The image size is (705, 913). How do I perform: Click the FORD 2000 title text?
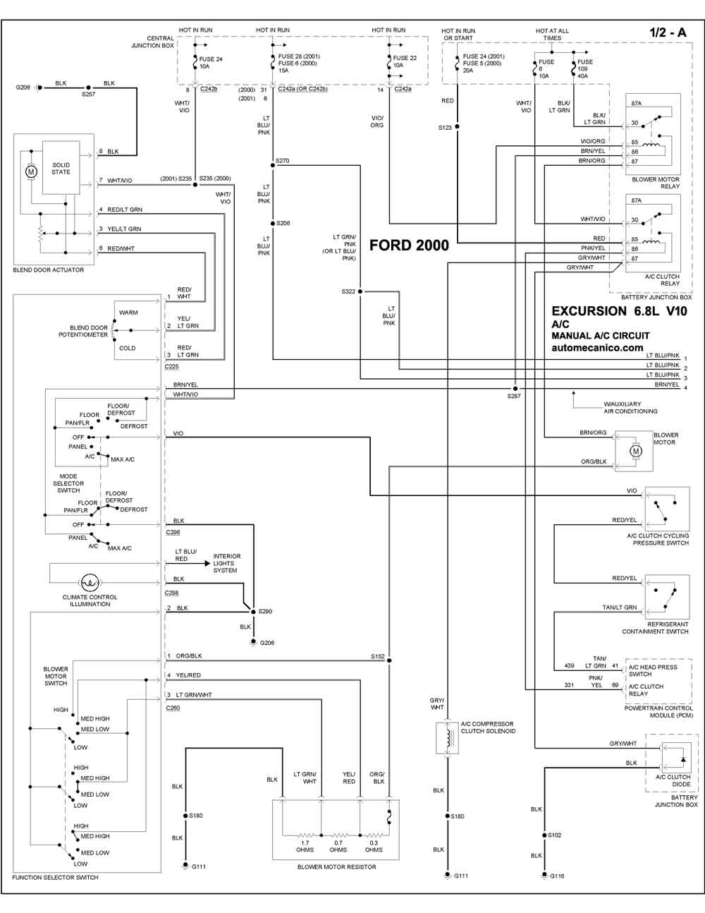(x=409, y=245)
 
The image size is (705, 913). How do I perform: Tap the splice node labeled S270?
(x=273, y=165)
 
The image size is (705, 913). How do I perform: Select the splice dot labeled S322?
(x=360, y=291)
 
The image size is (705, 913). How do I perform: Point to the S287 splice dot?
(x=515, y=389)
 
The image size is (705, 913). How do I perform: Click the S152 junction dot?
(x=389, y=660)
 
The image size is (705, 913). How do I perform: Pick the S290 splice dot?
(x=254, y=612)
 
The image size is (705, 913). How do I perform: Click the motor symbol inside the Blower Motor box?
(x=635, y=452)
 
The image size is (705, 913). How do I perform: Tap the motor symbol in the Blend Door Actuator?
(x=31, y=171)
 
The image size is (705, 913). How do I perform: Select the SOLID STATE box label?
(x=61, y=169)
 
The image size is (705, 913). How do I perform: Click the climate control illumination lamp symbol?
(x=90, y=583)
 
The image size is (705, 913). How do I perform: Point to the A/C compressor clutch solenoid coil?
(x=448, y=738)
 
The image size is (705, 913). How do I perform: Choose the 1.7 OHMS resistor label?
(x=305, y=846)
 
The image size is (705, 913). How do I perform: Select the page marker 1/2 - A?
(x=668, y=32)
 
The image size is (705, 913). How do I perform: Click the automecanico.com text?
(x=597, y=348)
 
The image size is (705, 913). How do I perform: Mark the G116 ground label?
(x=557, y=876)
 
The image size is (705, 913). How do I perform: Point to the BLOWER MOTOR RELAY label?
(x=656, y=183)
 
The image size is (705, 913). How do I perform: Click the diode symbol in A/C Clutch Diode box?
(x=683, y=759)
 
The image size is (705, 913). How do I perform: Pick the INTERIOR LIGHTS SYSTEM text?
(x=226, y=563)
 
